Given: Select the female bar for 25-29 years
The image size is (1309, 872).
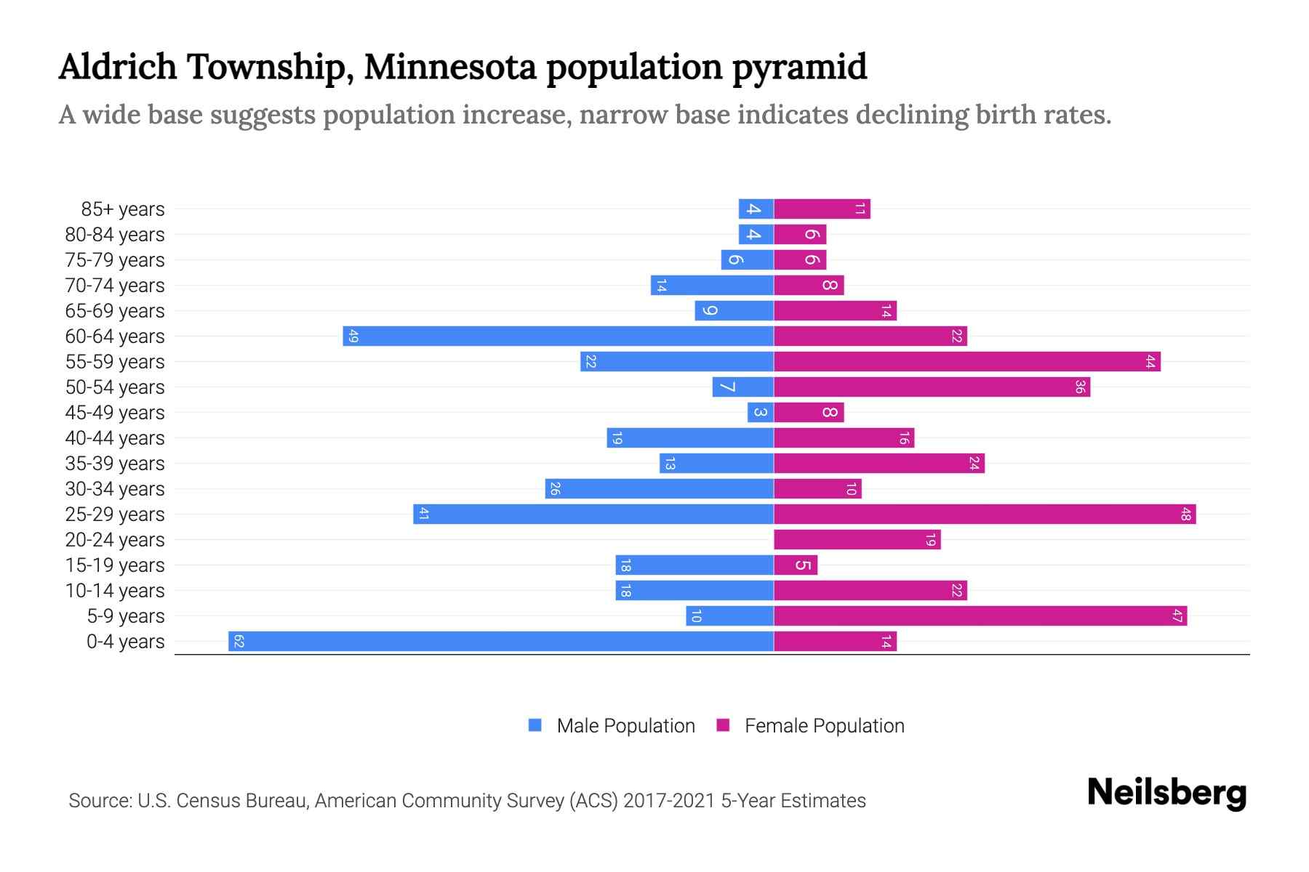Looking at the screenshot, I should point(985,514).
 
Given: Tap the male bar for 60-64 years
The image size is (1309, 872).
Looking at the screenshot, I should point(558,336).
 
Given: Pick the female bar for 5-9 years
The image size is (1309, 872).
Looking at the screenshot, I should point(980,616).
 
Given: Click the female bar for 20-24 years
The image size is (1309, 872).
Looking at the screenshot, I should point(857,540).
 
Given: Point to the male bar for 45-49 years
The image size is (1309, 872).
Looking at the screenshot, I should point(760,413).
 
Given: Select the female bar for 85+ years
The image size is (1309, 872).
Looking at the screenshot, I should point(822,209).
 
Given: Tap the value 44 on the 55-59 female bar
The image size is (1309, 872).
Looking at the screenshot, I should point(1150,362).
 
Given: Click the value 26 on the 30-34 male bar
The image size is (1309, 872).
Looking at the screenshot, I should point(554,489).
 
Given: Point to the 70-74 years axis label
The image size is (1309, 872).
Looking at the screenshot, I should point(115,286).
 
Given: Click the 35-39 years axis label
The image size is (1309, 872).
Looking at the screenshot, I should point(115,464).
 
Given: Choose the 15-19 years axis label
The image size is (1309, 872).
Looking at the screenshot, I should point(115,565).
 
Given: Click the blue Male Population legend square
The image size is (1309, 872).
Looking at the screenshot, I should point(535,725).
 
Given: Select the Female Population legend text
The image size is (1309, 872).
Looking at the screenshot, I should point(824,726).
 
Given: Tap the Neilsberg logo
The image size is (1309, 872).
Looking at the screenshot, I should point(1166,793).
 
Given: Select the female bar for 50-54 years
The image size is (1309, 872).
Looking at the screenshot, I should point(932,387).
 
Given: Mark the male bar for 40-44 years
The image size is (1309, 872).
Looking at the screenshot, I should point(689,438).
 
